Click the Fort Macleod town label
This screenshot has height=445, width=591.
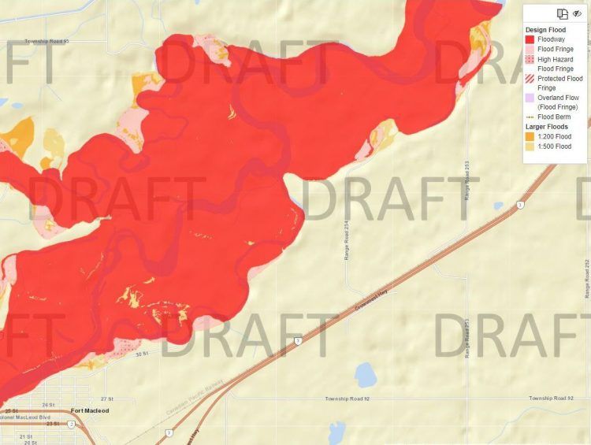pos(88,410)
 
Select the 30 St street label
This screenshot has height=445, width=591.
pos(141,354)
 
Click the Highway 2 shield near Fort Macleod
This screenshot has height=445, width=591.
pos(70,424)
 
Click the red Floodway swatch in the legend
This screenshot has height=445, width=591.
pos(530,39)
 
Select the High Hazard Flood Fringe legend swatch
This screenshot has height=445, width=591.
pos(530,59)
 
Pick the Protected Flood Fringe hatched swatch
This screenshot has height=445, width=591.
pos(530,79)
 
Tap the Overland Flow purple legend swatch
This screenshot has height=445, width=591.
pos(530,98)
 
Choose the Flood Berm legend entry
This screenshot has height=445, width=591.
pos(555,117)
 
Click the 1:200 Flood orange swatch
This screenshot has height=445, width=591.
pos(530,136)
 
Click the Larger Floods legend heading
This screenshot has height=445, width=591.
pos(547,127)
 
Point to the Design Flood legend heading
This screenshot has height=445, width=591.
pos(545,30)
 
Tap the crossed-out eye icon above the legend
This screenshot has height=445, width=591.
pos(577,13)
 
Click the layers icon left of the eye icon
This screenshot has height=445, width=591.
pos(563,13)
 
